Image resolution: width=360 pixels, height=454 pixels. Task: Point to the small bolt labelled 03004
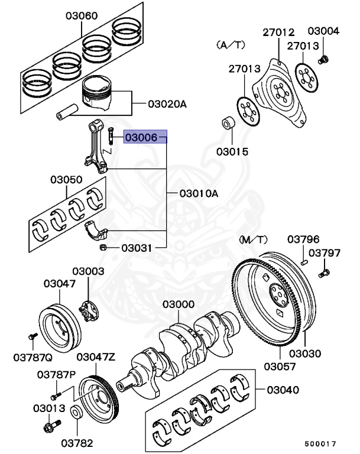point(323,59)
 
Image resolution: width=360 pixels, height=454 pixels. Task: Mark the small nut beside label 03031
point(103,247)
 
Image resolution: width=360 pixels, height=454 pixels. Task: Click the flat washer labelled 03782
point(77,411)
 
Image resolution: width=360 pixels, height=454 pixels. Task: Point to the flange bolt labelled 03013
point(50,425)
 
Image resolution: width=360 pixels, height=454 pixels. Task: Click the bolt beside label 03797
point(324,273)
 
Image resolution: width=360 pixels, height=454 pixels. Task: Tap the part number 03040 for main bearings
point(283,390)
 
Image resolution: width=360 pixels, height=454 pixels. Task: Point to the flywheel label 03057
point(279,367)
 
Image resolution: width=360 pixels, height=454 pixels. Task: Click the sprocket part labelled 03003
point(88,309)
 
